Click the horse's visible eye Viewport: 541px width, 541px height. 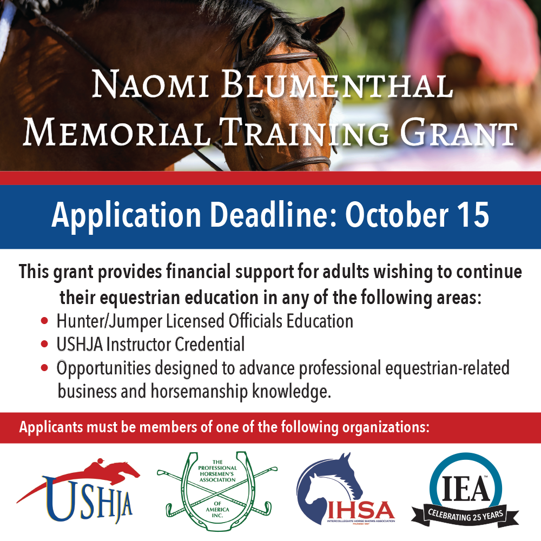[x=257, y=111]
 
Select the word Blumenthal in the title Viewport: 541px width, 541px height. [x=337, y=84]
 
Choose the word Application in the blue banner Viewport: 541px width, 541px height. [x=126, y=216]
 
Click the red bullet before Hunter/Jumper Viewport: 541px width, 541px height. [x=44, y=321]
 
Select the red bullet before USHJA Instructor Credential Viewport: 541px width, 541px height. [x=44, y=344]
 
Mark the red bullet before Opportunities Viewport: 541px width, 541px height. [x=44, y=368]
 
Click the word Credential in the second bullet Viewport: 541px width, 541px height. [x=210, y=344]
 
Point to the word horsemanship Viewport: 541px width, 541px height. [x=199, y=392]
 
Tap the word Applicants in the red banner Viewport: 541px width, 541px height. [x=51, y=427]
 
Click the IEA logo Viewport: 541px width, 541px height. [x=465, y=490]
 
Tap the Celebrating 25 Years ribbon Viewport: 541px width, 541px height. [x=465, y=516]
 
